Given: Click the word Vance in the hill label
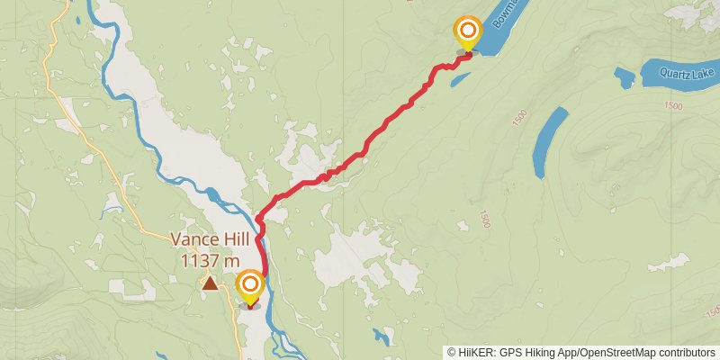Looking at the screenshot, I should [x=193, y=241].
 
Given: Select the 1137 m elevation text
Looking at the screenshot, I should [x=210, y=261].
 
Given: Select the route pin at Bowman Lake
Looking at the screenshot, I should [x=467, y=33].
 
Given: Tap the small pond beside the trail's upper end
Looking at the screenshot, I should [x=459, y=80].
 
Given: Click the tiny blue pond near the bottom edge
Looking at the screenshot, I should [x=383, y=338].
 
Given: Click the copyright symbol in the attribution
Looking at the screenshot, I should [x=453, y=353].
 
